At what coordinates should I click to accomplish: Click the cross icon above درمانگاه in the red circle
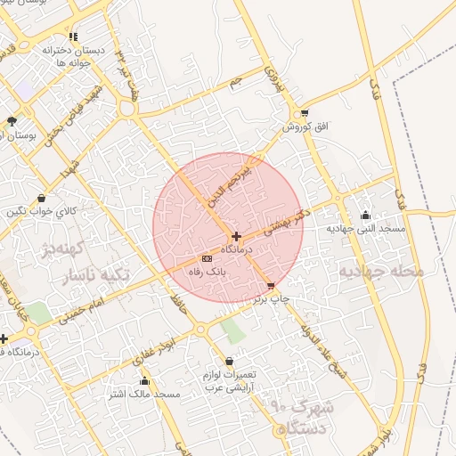tap(235, 236)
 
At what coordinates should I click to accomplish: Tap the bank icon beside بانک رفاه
tap(208, 258)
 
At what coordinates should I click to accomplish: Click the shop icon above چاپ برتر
tap(271, 286)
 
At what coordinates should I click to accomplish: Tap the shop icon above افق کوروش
tap(305, 114)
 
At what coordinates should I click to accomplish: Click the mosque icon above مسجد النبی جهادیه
tap(365, 215)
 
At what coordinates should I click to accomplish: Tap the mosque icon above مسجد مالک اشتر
tap(144, 380)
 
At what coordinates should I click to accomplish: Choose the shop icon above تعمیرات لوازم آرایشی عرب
tap(230, 361)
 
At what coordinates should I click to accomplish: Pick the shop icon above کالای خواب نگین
tap(42, 198)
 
